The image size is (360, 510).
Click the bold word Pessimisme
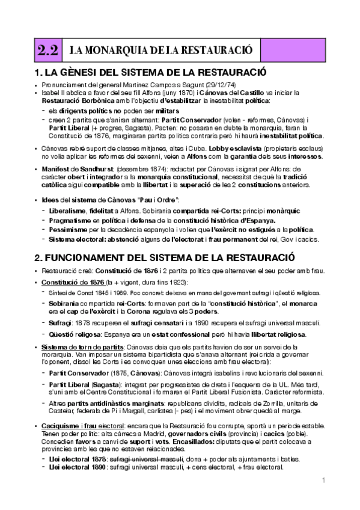[69, 230]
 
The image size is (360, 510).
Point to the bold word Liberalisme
[68, 210]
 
